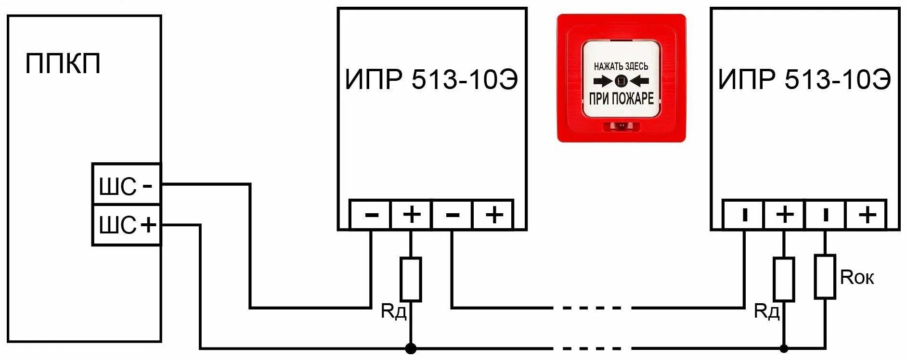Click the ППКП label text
click(63, 64)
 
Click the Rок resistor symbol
click(825, 277)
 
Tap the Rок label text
click(856, 277)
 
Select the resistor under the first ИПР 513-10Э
click(411, 280)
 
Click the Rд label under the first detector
click(393, 311)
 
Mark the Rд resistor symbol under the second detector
click(784, 280)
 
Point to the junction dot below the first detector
click(411, 348)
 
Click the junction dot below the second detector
click(784, 348)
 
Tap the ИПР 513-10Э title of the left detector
click(431, 79)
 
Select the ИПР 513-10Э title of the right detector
click(804, 79)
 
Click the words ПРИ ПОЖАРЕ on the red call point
click(621, 99)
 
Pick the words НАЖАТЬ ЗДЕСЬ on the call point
click(621, 66)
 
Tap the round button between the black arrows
click(621, 81)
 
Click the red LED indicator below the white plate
click(621, 126)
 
